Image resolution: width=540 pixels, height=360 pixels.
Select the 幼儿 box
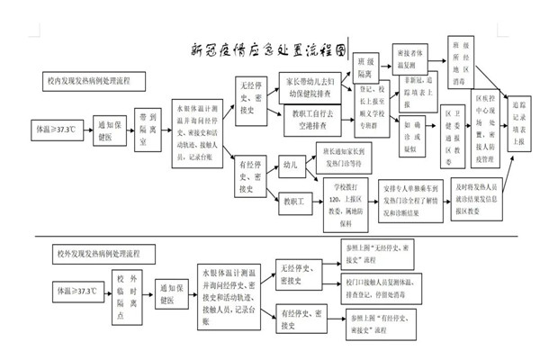tap(289, 166)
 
